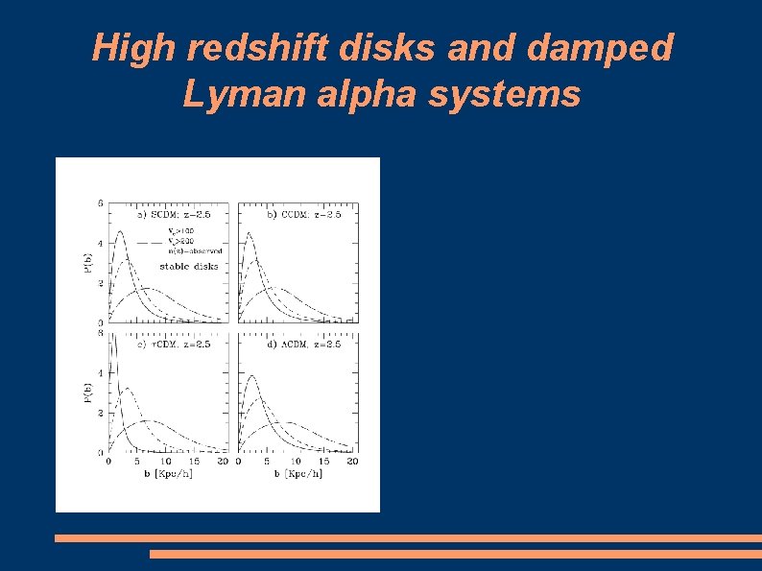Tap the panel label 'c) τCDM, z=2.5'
click(x=173, y=344)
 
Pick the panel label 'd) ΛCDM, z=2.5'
click(x=303, y=344)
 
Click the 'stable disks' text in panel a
click(x=188, y=266)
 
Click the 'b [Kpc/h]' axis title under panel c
click(x=167, y=474)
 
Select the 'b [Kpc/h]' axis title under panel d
click(x=298, y=474)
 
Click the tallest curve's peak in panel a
click(x=119, y=231)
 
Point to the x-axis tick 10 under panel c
click(x=166, y=462)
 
